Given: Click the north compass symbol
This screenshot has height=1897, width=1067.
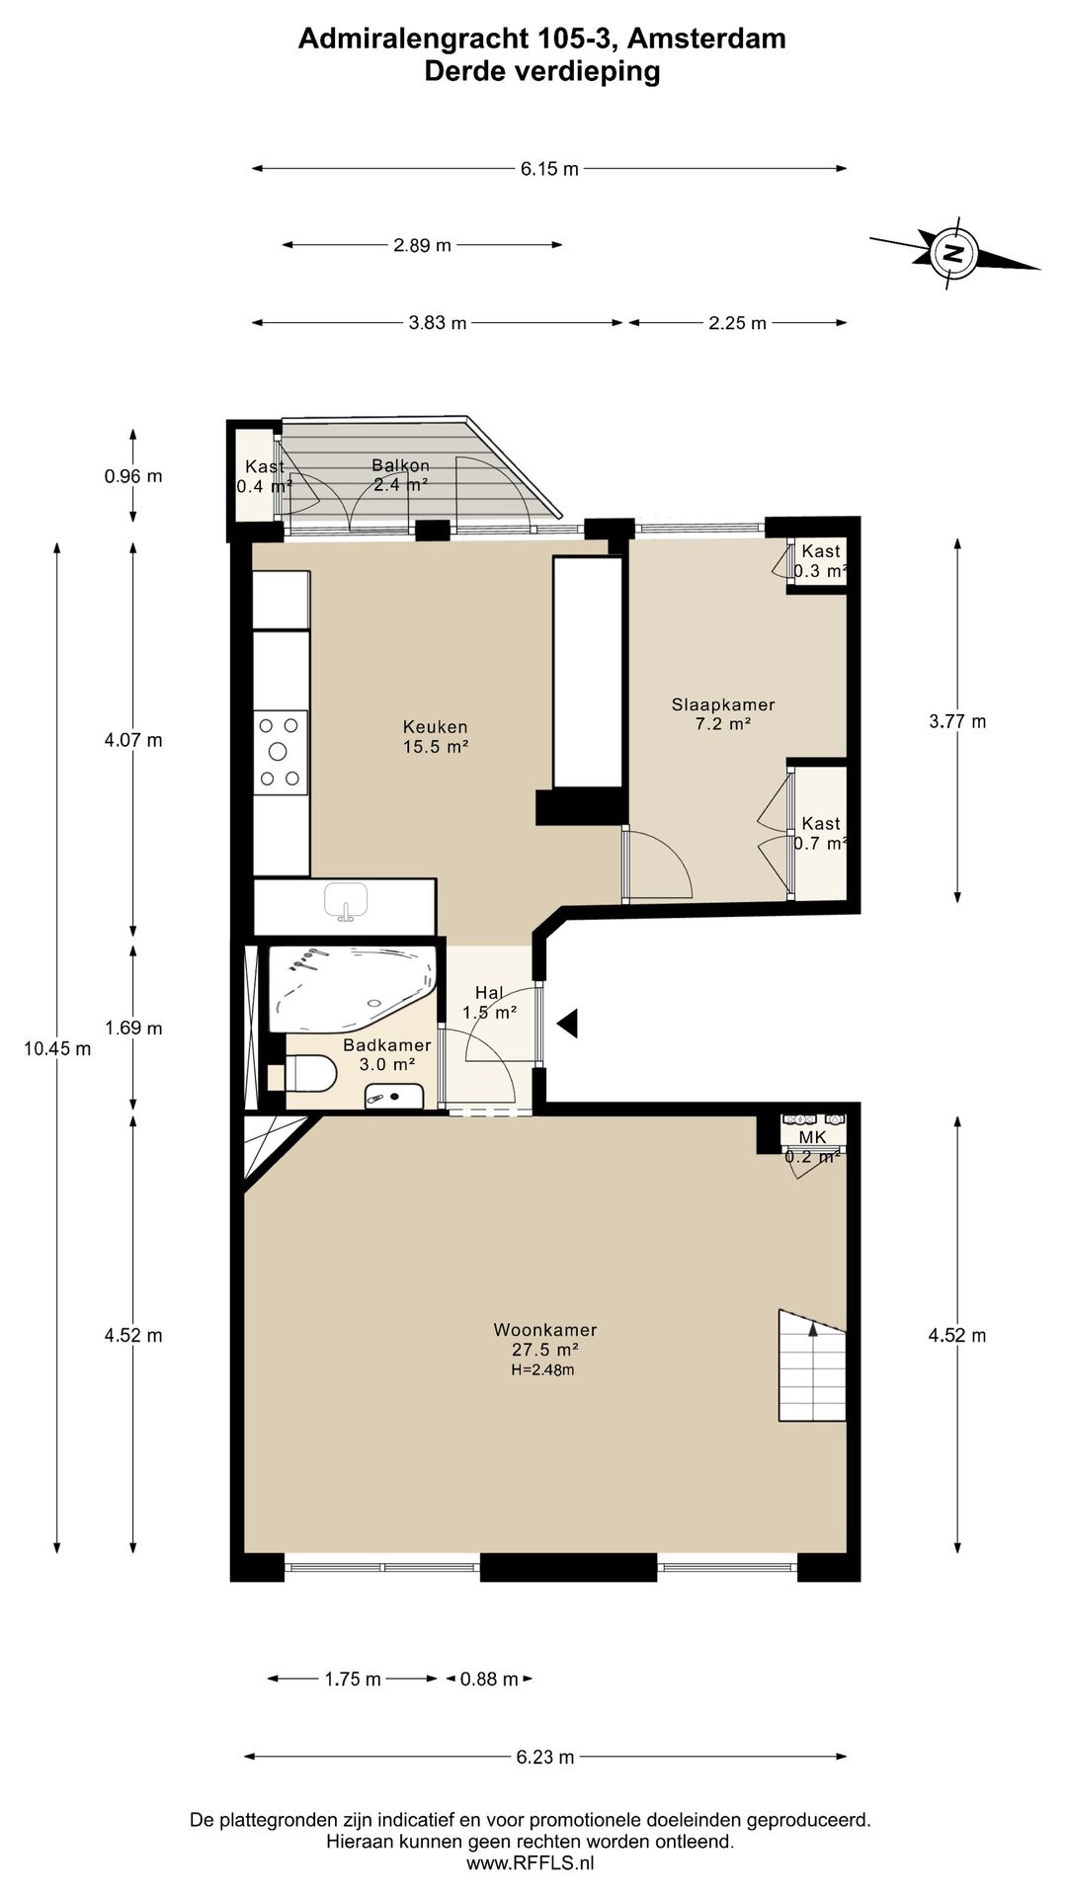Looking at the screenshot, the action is [954, 253].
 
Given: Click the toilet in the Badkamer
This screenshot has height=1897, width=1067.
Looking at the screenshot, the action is [307, 1074].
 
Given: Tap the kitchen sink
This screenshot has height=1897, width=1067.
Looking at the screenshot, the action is [346, 901].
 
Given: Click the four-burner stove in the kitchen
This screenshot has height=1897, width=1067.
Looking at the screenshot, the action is [280, 752].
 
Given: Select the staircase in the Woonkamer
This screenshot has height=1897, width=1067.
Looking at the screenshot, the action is [812, 1365].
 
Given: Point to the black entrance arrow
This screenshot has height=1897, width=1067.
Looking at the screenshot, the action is [567, 1024].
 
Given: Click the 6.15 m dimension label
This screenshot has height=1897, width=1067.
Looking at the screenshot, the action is [549, 169].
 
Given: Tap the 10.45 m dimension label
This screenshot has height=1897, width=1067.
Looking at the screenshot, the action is [57, 1048].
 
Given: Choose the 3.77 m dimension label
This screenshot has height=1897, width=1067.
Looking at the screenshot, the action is [957, 721].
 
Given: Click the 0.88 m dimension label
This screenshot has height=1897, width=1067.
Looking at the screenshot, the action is [489, 1679].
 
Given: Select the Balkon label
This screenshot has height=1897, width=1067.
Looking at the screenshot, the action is [400, 465].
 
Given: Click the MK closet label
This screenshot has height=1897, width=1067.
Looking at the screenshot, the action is [812, 1137].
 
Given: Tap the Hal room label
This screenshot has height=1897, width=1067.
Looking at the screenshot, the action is [489, 993].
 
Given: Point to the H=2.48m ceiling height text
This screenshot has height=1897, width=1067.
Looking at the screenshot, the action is [542, 1369].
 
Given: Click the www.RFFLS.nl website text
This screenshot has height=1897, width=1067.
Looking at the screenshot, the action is [531, 1863].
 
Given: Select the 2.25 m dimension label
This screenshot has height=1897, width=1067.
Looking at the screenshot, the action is [737, 323].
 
